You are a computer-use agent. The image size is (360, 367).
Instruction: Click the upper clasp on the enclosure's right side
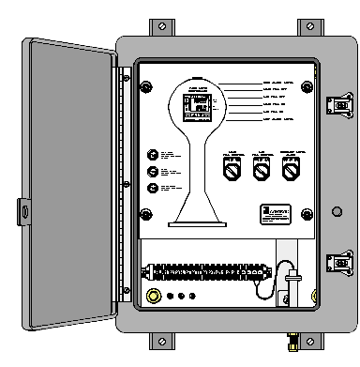(335, 103)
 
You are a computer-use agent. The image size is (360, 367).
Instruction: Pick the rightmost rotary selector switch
(290, 170)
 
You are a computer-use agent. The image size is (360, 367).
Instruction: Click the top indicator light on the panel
(153, 154)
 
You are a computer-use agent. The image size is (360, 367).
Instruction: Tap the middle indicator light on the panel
(153, 171)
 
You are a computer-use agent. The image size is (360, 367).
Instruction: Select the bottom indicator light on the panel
(153, 188)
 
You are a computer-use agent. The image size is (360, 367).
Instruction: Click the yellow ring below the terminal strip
(155, 298)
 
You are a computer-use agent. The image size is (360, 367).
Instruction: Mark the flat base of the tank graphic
(198, 223)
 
